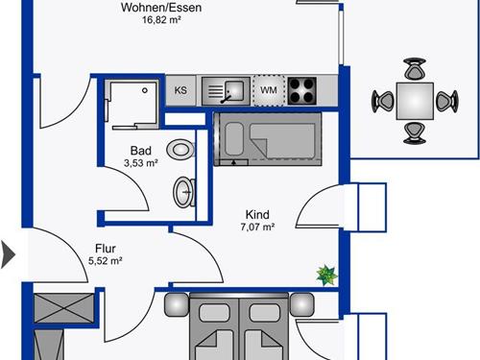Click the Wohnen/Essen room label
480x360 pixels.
161,7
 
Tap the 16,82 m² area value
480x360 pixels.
161,20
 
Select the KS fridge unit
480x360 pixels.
180,90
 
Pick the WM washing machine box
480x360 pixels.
269,90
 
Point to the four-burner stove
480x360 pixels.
302,91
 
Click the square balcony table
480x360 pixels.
415,101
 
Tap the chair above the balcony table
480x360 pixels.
415,68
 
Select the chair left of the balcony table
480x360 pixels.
382,102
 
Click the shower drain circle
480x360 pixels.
145,90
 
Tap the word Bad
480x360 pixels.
141,151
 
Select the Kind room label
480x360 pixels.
257,214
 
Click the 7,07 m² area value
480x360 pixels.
257,227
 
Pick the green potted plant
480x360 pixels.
326,275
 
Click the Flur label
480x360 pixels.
106,249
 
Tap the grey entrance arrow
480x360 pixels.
8,255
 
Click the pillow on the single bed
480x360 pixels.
234,139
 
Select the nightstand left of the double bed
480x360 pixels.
177,305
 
